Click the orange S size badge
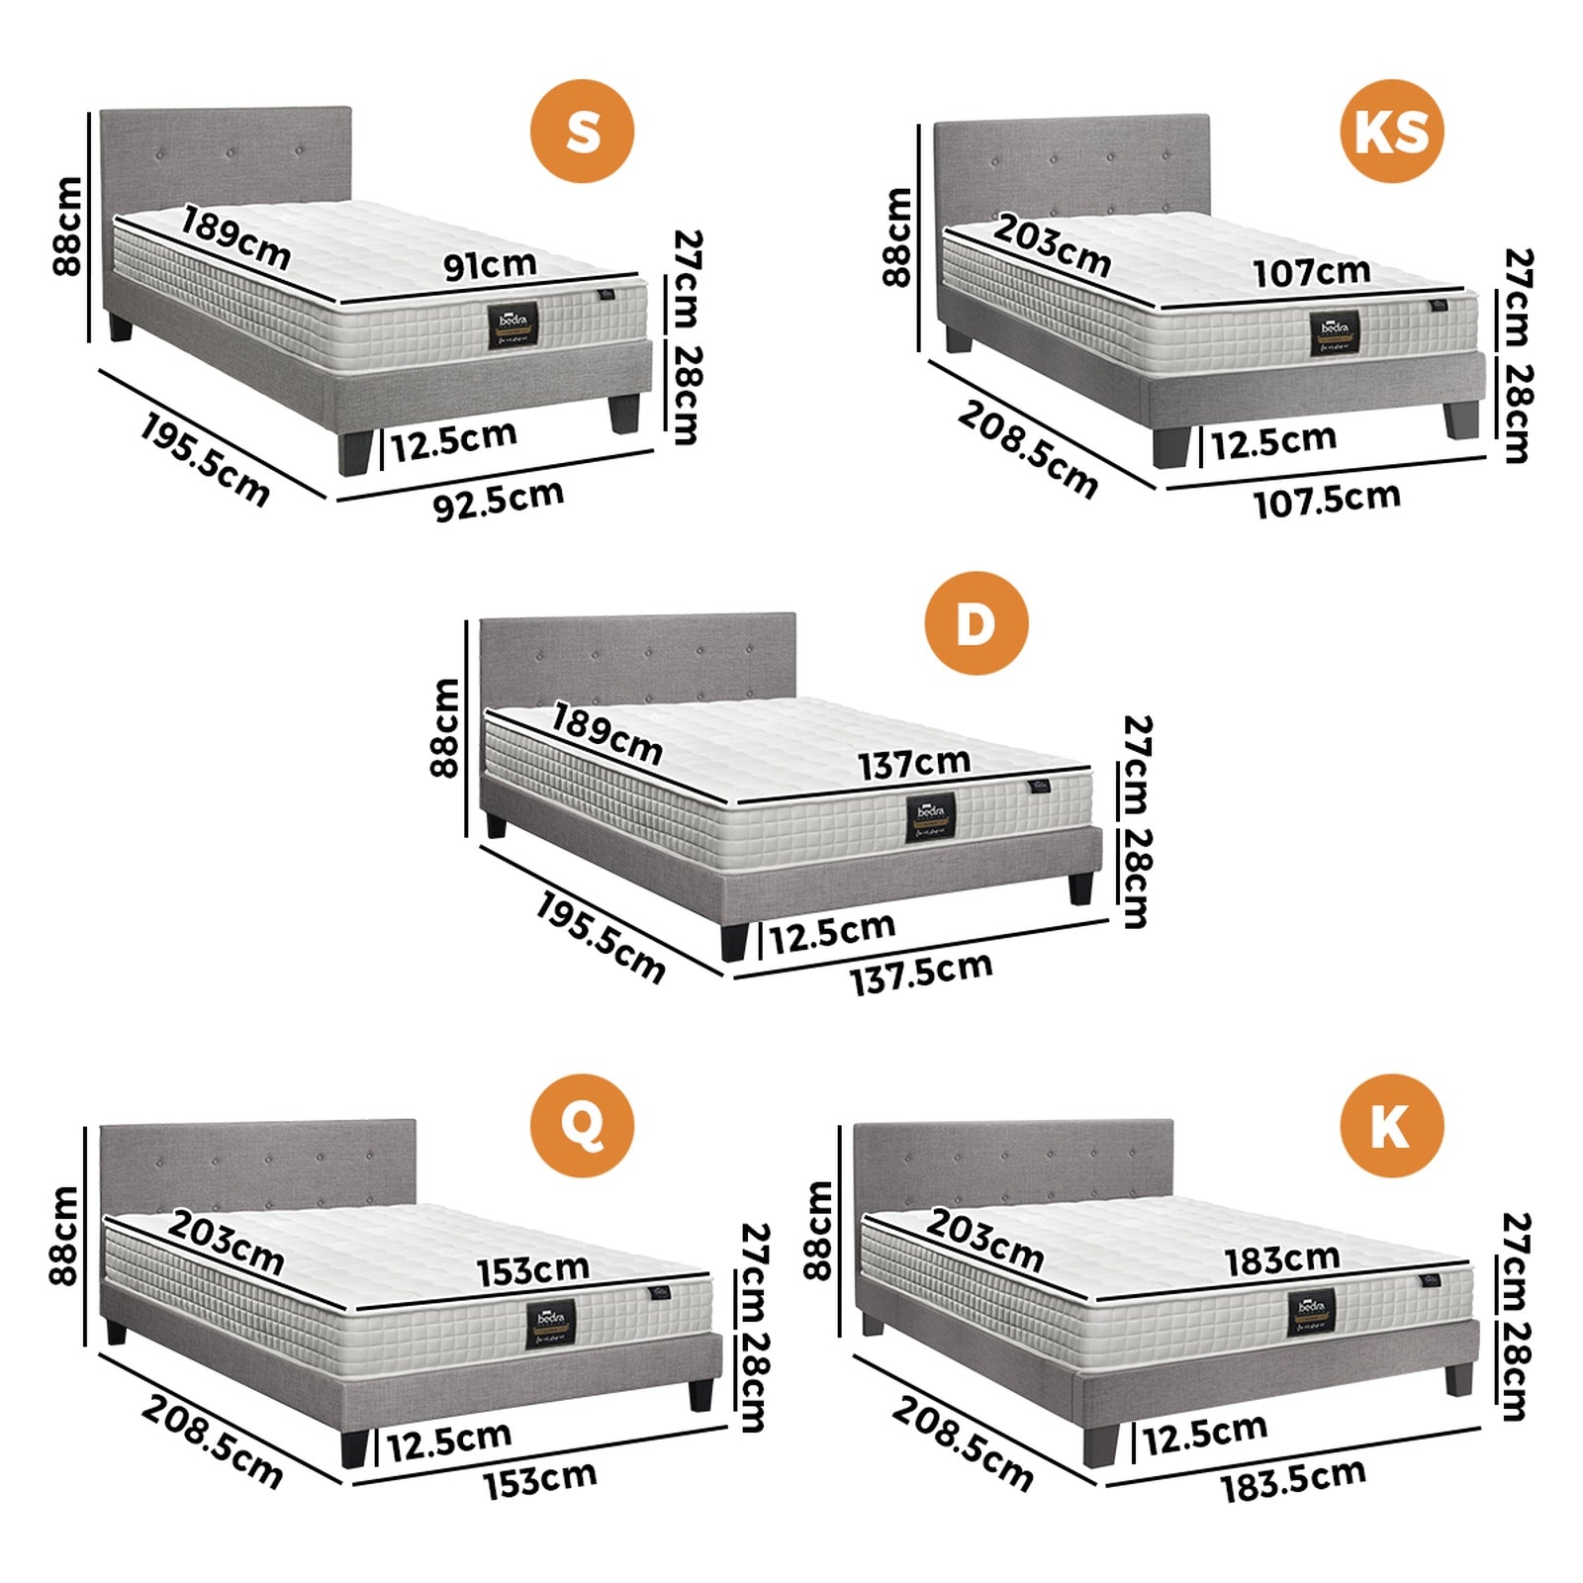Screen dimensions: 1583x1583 point(582,131)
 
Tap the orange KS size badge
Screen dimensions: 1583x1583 point(1391,131)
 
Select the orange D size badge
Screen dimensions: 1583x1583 point(976,623)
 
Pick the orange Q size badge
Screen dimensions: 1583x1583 point(582,1125)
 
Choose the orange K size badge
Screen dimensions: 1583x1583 point(1391,1125)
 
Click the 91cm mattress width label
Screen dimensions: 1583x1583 point(490,264)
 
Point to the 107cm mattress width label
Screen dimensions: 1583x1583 point(1312,271)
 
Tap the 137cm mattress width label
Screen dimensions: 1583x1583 point(914,763)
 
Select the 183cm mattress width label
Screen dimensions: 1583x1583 point(1282,1259)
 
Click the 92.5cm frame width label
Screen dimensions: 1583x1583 point(499,500)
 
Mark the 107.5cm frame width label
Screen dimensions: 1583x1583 point(1327,500)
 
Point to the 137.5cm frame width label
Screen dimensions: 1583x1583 point(921,974)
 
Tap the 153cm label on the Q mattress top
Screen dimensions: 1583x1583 point(533,1270)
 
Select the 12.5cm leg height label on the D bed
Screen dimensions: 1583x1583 point(832,932)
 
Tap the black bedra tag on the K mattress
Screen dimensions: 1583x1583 point(1311,1312)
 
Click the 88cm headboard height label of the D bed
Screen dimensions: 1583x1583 point(445,727)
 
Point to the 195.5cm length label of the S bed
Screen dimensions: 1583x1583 point(204,460)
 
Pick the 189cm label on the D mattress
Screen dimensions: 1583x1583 point(606,733)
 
